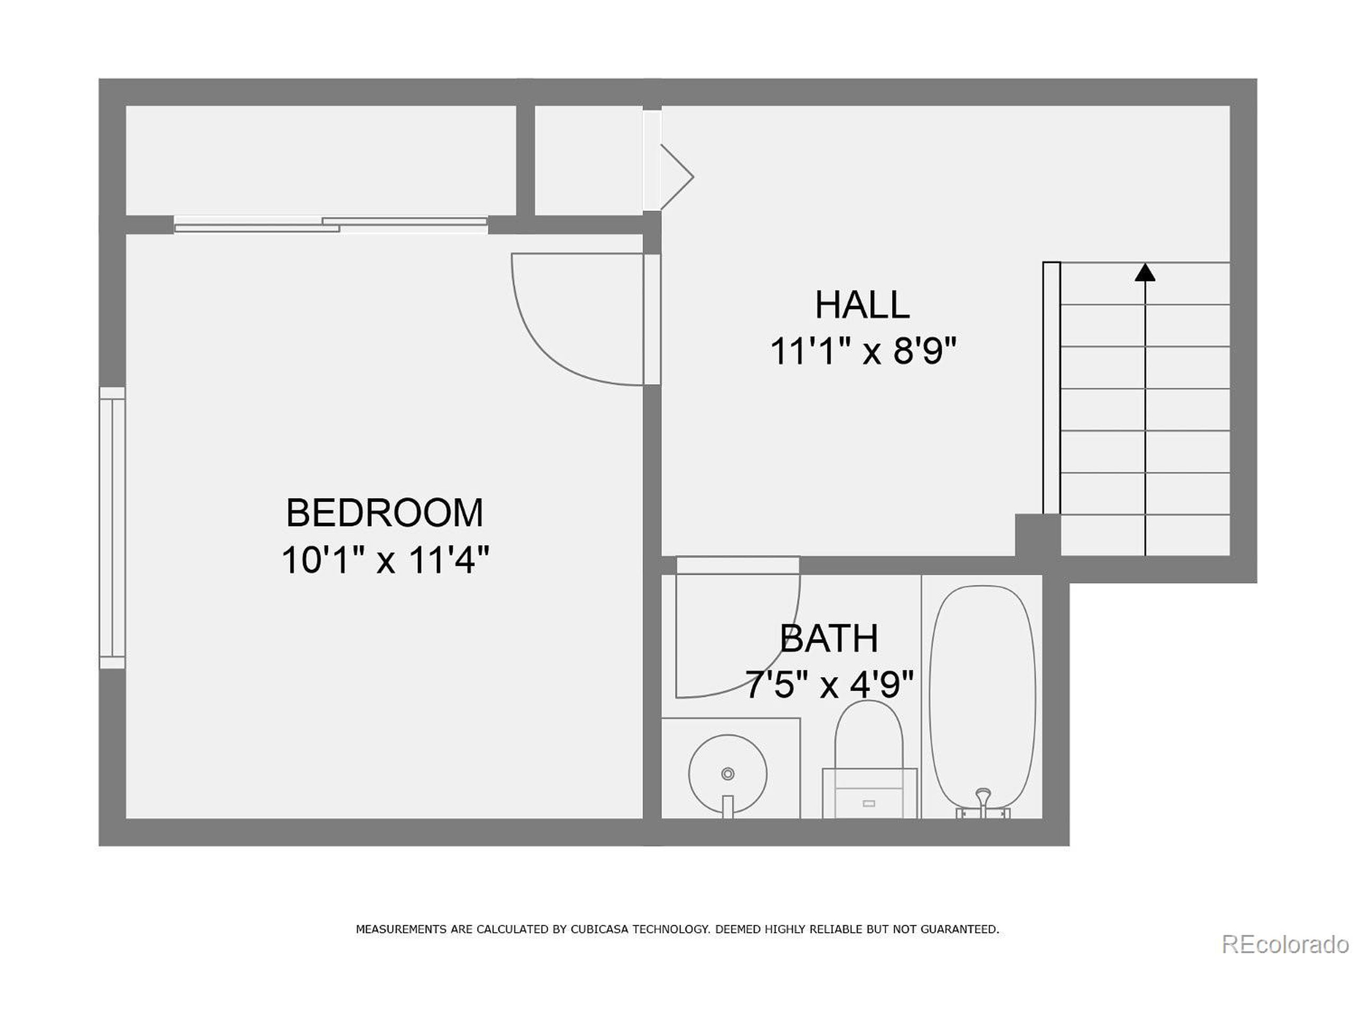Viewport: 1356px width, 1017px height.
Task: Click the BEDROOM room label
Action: click(385, 513)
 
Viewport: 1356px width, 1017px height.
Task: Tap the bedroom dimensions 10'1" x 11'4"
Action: click(385, 560)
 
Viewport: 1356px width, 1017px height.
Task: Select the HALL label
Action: click(861, 305)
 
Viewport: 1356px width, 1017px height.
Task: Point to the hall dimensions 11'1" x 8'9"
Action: click(862, 351)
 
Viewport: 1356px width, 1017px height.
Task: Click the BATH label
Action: click(829, 638)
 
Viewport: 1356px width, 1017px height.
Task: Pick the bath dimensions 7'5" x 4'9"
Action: click(829, 685)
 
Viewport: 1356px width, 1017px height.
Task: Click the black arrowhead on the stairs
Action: click(1145, 273)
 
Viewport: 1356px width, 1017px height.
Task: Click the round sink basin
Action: click(728, 774)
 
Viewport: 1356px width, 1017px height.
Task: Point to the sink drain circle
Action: click(728, 774)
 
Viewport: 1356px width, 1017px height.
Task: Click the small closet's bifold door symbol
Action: click(676, 177)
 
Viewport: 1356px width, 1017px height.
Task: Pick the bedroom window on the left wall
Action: click(112, 527)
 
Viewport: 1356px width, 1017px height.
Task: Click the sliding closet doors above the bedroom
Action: click(331, 225)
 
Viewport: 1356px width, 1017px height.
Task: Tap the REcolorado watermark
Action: click(1285, 944)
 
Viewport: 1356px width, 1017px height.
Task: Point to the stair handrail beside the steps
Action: click(1051, 387)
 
